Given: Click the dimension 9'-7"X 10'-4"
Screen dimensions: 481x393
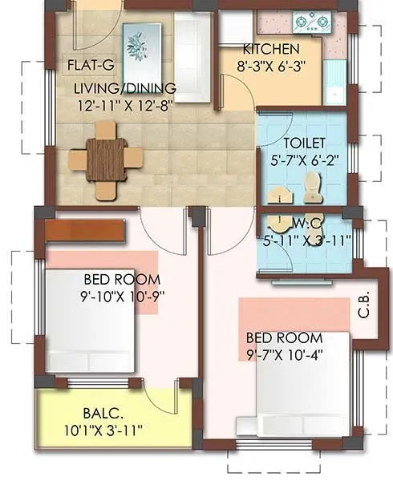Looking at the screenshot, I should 285,354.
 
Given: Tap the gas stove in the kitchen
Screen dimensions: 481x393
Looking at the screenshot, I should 307,21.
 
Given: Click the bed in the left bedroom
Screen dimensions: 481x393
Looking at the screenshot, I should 88,321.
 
